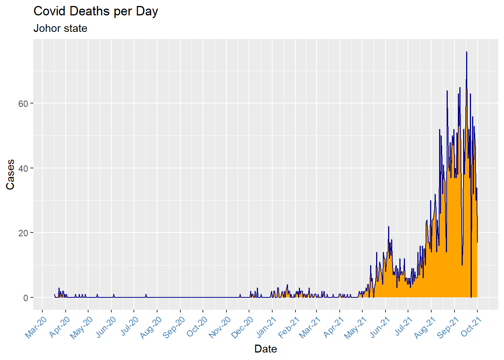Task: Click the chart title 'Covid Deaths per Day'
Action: (x=96, y=11)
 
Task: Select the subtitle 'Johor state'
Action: (x=60, y=28)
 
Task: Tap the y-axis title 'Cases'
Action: (x=10, y=174)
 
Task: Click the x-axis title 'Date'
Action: (x=265, y=349)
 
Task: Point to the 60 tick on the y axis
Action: (x=23, y=103)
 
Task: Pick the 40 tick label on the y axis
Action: (x=23, y=168)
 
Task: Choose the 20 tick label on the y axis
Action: (x=23, y=233)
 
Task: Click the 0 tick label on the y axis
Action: (x=25, y=298)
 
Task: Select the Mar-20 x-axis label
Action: (x=36, y=327)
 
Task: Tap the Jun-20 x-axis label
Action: (x=105, y=327)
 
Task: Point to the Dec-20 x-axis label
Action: (x=243, y=327)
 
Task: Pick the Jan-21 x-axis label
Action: (x=266, y=327)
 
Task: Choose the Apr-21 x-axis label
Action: (x=333, y=327)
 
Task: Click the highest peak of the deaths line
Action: (x=466, y=52)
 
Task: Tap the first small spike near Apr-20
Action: (x=59, y=288)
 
